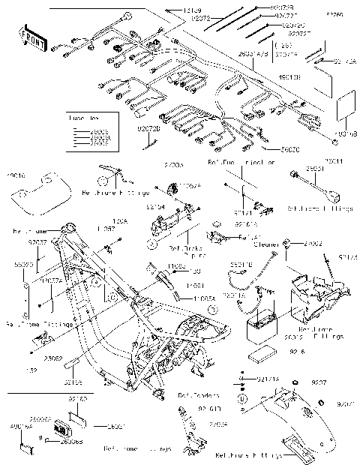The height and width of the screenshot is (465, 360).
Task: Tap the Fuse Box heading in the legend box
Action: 80,120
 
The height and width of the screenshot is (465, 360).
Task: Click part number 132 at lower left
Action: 31,370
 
